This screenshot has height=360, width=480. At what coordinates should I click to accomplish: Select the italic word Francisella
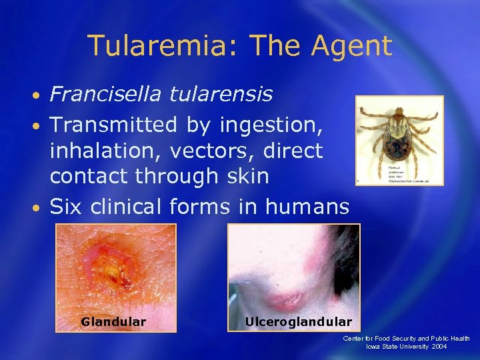click(x=105, y=94)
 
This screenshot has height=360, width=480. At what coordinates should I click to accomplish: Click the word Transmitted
click(x=113, y=124)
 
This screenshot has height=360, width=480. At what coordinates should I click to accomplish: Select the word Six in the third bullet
click(x=66, y=207)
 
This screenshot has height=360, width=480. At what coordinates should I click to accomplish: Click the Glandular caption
click(x=113, y=322)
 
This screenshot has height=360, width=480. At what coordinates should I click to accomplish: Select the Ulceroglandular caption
click(x=298, y=322)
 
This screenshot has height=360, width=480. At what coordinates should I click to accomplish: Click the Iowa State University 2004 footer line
click(x=407, y=347)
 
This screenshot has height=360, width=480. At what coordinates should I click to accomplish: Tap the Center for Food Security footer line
click(x=407, y=339)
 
